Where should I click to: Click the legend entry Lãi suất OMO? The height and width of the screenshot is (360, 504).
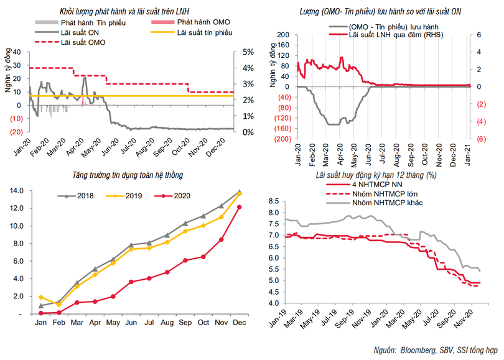(x=83, y=43)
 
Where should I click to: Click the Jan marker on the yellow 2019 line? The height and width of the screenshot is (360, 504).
(x=41, y=297)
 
